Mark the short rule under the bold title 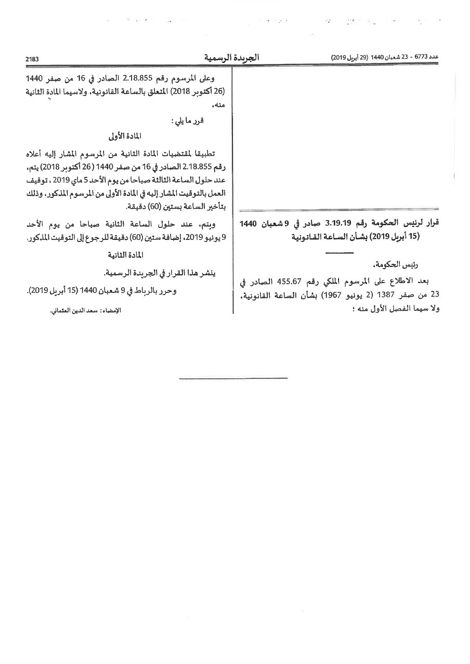339,252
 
